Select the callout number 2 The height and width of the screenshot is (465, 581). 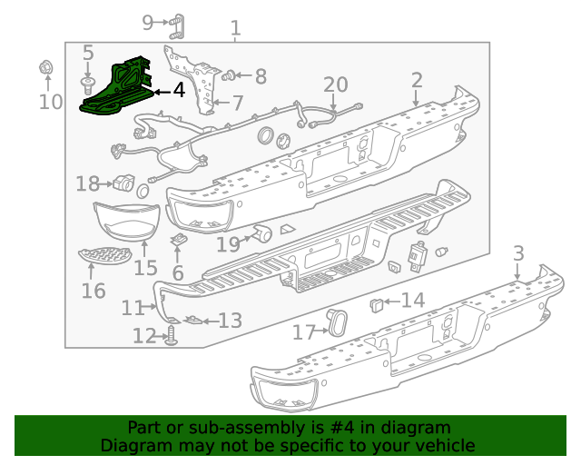tap(417, 82)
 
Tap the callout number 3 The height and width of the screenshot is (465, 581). tap(518, 253)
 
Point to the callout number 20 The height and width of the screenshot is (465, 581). tap(336, 85)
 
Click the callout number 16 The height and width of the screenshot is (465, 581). tap(94, 291)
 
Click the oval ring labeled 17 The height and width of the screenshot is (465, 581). tap(339, 322)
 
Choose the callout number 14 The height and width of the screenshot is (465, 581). tap(413, 301)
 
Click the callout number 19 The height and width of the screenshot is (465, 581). tap(228, 243)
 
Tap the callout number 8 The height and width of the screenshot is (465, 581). tap(261, 77)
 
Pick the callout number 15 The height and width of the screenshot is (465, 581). tap(145, 268)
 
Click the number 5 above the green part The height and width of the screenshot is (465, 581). tap(88, 54)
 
